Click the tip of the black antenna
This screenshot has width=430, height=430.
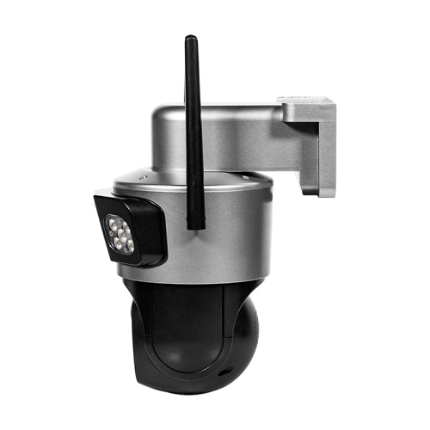[190, 40]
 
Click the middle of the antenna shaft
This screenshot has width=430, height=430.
[193, 129]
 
